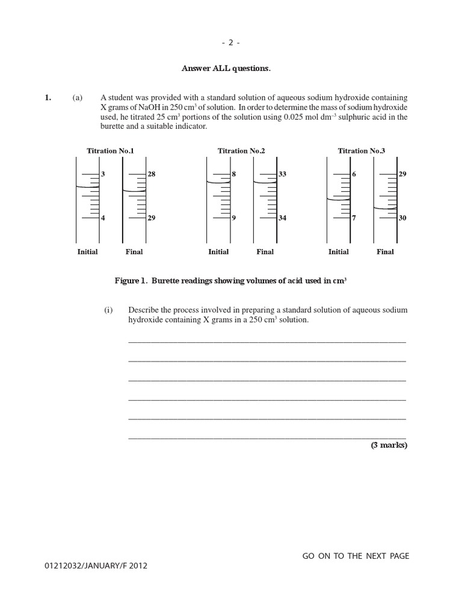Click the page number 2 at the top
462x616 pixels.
point(230,43)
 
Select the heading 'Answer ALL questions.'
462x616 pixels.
point(226,69)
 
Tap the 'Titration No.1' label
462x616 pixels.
point(110,151)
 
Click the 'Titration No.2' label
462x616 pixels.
point(241,151)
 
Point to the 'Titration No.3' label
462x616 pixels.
point(361,151)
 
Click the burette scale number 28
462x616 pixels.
point(151,174)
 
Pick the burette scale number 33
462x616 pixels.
point(282,174)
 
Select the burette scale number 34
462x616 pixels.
point(282,218)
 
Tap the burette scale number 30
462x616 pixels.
point(402,218)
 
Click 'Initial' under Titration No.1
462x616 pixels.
point(87,252)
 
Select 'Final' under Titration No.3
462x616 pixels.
point(385,252)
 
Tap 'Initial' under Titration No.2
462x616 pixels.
point(218,252)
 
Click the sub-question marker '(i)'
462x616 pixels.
point(108,310)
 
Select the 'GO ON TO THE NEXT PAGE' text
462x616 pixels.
point(356,556)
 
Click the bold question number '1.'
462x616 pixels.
point(48,98)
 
